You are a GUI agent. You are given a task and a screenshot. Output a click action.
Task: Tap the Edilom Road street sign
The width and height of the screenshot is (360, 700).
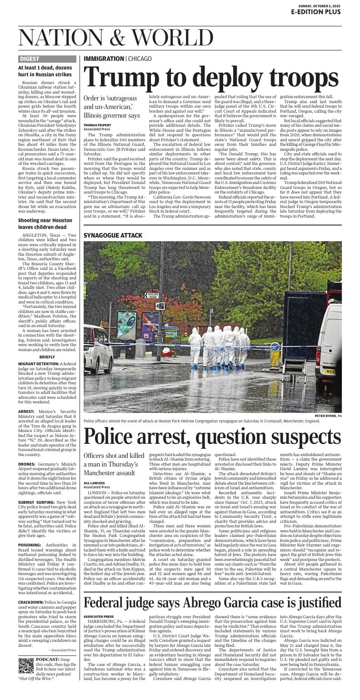[152, 295]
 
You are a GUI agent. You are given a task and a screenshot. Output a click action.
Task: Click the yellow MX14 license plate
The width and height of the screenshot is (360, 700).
[330, 371]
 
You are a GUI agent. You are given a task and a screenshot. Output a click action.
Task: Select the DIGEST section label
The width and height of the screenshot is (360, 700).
[30, 59]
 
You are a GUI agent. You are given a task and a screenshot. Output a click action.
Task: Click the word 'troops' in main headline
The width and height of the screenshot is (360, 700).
[298, 77]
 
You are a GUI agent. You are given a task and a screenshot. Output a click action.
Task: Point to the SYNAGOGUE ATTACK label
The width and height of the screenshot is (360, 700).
[113, 235]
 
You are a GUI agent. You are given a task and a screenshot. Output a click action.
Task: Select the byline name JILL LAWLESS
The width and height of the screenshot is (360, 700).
[94, 483]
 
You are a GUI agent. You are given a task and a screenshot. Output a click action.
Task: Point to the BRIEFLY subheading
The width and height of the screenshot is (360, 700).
[47, 357]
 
